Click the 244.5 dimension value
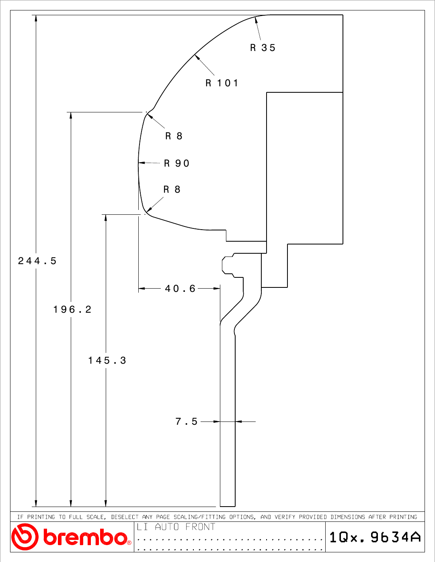[x=37, y=261]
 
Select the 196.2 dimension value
[x=72, y=310]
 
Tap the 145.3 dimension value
[x=107, y=360]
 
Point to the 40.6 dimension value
[x=180, y=288]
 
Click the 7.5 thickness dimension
[x=187, y=421]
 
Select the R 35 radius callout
[x=263, y=48]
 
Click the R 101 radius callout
[x=222, y=83]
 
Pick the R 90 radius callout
[x=177, y=163]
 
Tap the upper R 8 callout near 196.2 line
[x=174, y=136]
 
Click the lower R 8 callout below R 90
[x=172, y=189]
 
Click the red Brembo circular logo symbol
[x=25, y=537]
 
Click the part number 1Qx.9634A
[x=375, y=537]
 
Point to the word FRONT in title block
[x=200, y=527]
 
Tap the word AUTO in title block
[x=167, y=527]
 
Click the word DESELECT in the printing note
[x=125, y=517]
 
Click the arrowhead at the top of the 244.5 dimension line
[x=36, y=18]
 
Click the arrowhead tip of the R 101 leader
[x=195, y=55]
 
